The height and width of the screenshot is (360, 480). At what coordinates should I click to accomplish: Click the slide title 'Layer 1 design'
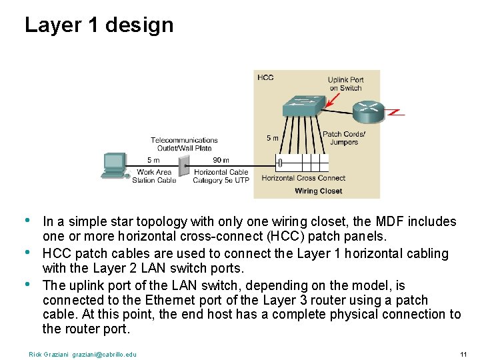tap(99, 25)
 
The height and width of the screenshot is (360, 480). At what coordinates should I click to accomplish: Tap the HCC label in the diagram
tap(265, 78)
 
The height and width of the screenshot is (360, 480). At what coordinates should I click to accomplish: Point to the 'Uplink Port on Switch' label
tap(345, 84)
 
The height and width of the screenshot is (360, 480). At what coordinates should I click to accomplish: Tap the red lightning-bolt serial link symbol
tap(395, 113)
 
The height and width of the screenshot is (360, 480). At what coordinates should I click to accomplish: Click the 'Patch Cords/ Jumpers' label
tap(344, 138)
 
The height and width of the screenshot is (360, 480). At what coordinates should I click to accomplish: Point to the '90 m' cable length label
tap(221, 160)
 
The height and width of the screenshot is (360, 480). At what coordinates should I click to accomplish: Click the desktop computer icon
tap(114, 165)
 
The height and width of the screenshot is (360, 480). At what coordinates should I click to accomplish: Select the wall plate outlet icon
tap(185, 166)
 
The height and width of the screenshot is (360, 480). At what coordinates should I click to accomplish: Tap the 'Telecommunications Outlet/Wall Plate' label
tap(184, 144)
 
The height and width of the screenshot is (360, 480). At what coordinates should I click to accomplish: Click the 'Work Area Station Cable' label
tap(154, 176)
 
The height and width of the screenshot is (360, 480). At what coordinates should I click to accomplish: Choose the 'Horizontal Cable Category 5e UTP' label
tap(221, 176)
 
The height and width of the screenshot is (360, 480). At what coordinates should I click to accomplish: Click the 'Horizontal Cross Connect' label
tap(303, 178)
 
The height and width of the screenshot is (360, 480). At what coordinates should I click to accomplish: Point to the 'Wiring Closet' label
tap(318, 191)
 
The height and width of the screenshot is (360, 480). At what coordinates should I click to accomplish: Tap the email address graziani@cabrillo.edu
tap(104, 354)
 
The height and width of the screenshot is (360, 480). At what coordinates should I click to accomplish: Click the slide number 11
tap(463, 354)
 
